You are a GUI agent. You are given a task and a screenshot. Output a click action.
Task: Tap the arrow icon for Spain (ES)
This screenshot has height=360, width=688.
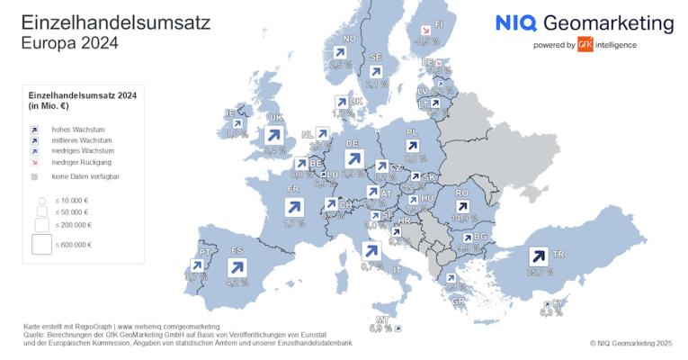coord(237,266)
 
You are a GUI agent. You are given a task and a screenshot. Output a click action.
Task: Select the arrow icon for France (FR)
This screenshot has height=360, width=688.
coord(294,207)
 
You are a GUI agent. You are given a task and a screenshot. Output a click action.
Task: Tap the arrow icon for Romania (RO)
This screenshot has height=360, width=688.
coord(463,208)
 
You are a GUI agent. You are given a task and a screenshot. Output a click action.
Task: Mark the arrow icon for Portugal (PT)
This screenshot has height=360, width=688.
coord(196,266)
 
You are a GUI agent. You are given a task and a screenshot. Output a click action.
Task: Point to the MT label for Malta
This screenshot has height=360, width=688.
coord(381,319)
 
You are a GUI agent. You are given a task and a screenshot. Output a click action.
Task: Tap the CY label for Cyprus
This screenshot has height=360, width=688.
coord(557,303)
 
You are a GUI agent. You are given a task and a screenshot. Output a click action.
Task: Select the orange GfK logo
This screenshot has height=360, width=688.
coord(585,44)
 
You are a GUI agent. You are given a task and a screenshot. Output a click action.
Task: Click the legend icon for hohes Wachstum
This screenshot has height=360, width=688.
coord(34,130)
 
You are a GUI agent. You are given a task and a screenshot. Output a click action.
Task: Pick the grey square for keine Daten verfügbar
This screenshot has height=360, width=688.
coord(34,176)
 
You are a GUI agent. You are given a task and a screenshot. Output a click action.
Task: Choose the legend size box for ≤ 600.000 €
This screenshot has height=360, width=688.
coord(41,244)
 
